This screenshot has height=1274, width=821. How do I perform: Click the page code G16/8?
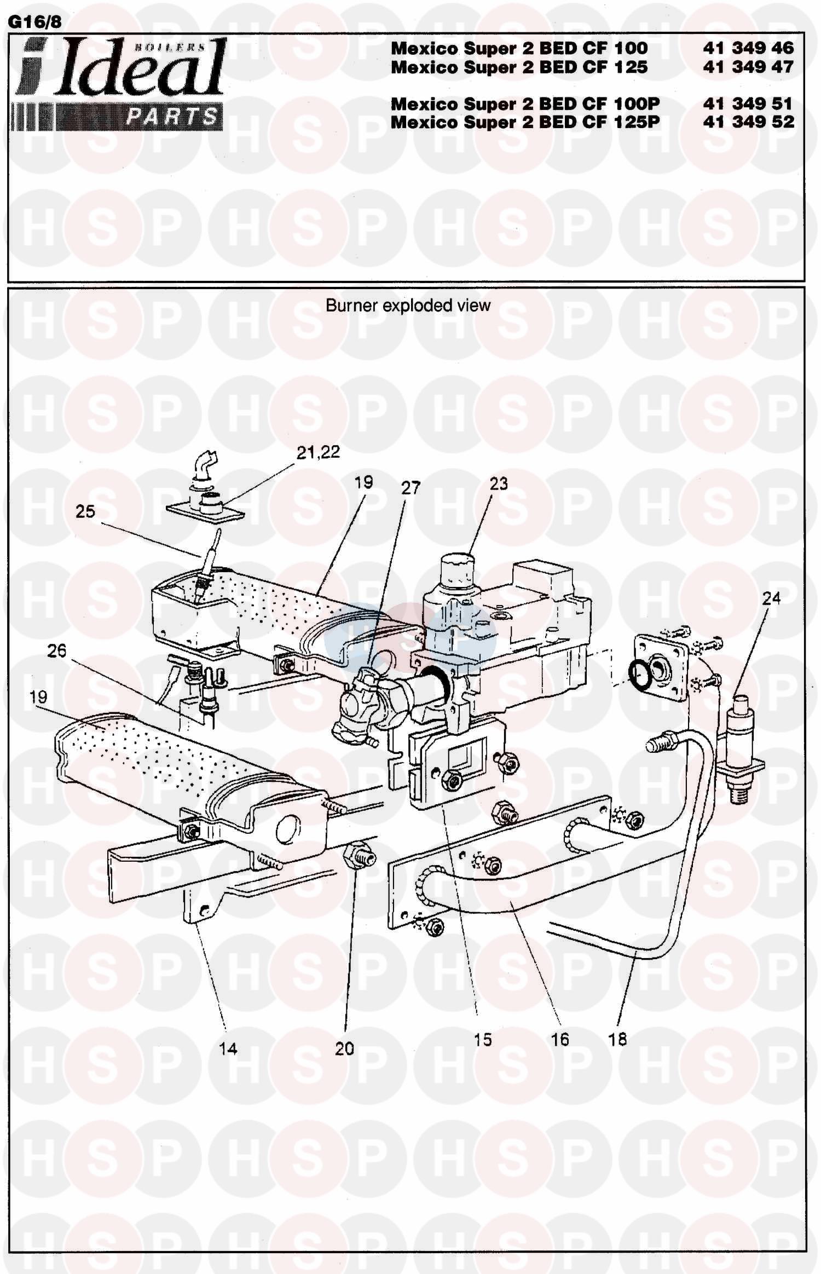coord(34,22)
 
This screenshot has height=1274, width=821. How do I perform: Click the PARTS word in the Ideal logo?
coord(171,117)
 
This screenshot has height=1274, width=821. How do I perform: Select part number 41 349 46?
coord(748,48)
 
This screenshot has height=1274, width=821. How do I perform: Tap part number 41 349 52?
coord(748,122)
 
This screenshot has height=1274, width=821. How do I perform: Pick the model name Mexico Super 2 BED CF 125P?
coord(525,122)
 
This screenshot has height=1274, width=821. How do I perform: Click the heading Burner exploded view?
coord(408,305)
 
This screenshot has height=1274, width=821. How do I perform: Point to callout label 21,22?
coord(318,452)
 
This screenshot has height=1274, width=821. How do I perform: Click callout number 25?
coord(85,511)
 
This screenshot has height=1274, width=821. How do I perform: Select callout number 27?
coord(410,488)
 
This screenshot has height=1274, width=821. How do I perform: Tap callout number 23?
coord(499,483)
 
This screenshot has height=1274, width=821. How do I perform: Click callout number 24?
coord(771,598)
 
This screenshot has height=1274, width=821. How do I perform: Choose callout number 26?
coord(57,651)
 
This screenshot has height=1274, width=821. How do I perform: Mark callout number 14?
coord(228,1048)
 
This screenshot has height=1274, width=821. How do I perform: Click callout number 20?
coord(344,1048)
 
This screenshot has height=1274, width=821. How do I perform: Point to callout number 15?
coord(483,1039)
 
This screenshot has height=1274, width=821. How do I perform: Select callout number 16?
coord(560,1039)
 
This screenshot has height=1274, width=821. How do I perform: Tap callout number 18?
coord(617,1039)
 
